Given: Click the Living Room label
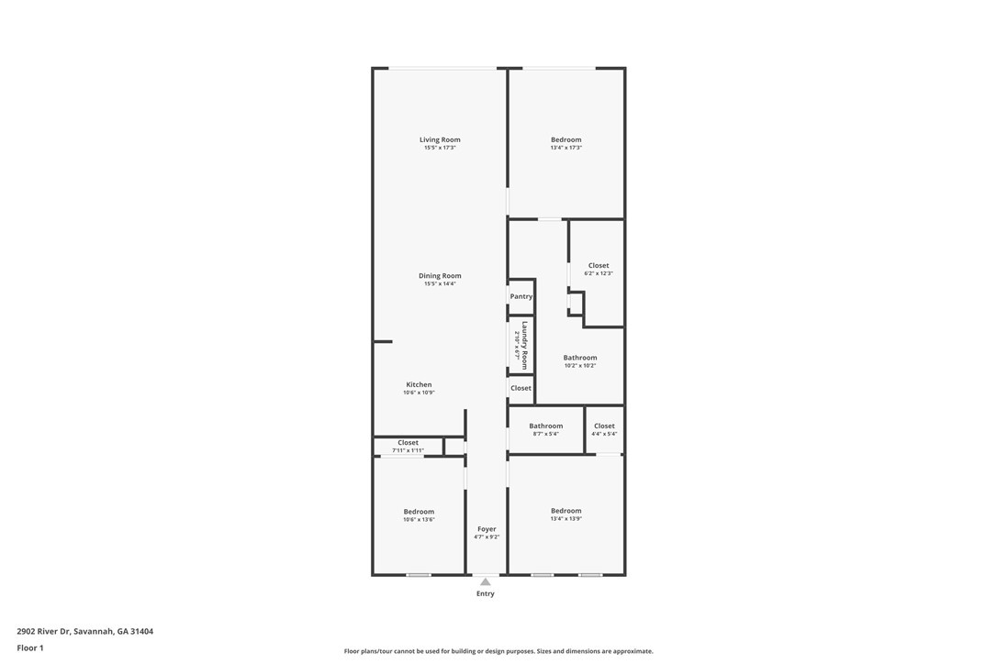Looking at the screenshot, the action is point(440,139).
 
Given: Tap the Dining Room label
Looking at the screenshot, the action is point(440,276).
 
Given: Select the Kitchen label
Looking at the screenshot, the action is point(419,384).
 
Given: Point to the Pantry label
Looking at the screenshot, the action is point(521,297).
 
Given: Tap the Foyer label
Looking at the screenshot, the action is point(487,528).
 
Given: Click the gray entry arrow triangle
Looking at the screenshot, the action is point(486,581).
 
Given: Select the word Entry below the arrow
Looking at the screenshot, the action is point(486,593).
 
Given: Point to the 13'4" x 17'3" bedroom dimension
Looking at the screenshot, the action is point(566,148).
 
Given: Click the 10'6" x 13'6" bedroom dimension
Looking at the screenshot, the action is point(419,520).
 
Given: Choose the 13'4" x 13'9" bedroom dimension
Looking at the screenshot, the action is point(566,518).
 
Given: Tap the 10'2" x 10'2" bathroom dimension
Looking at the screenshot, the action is point(580,365).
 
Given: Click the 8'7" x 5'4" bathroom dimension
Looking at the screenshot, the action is point(545,434).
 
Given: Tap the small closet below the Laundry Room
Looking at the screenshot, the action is point(521,388).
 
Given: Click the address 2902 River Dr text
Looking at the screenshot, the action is point(85,632).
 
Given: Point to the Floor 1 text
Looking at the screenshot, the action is point(30,648).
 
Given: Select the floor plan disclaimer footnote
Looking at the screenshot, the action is point(498,651).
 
